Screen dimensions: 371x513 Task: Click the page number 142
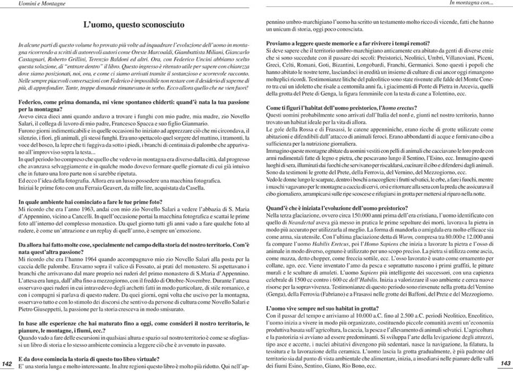(7, 363)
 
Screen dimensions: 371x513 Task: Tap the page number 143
(505, 363)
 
